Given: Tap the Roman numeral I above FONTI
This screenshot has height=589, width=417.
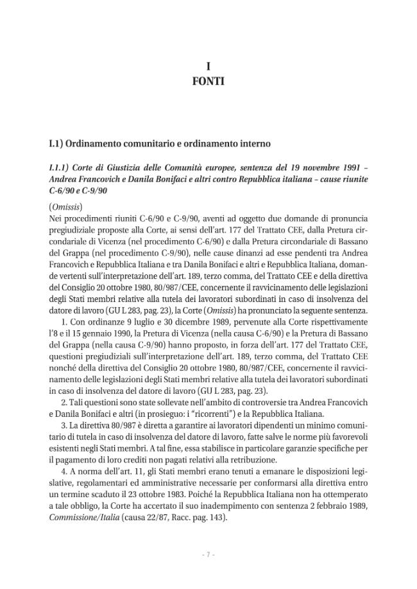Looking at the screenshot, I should pos(208,67).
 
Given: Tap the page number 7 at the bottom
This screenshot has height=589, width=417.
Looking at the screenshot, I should pos(208,554).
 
